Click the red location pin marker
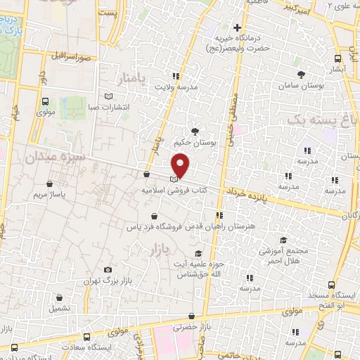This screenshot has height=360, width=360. click(x=181, y=165)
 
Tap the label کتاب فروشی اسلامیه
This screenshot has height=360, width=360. click(x=167, y=191)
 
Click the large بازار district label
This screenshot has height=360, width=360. click(x=160, y=250)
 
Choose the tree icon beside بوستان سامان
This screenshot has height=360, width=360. click(x=301, y=73)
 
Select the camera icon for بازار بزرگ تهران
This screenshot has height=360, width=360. click(x=107, y=269)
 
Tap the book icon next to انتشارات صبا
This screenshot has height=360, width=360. click(x=108, y=96)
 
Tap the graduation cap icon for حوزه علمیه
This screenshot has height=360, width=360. click(x=199, y=253)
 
